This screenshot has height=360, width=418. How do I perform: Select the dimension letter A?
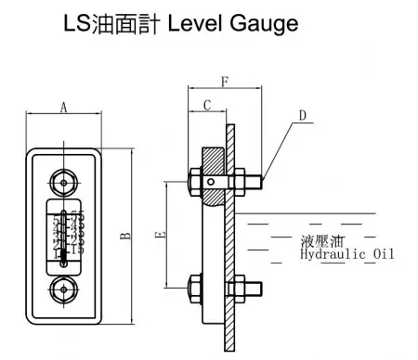coord(63,107)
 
